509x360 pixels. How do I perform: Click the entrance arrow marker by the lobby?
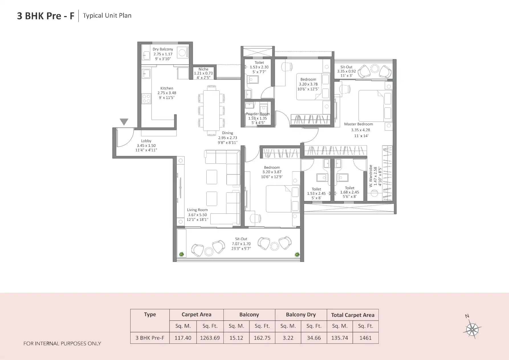(124, 122)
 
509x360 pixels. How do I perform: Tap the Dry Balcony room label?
(162, 49)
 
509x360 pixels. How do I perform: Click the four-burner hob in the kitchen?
(146, 99)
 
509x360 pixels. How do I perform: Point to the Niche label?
(203, 69)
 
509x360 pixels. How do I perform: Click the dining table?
(211, 111)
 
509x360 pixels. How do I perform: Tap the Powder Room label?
(258, 114)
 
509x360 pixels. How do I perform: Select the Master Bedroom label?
(358, 124)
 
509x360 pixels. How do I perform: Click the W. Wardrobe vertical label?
(371, 176)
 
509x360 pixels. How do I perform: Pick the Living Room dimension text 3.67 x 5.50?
(197, 215)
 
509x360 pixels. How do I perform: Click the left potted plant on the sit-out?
(182, 254)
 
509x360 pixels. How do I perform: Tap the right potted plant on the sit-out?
(297, 254)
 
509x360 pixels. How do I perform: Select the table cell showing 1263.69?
(210, 338)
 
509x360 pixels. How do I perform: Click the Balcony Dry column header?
(301, 315)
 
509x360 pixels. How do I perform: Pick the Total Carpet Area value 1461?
(365, 338)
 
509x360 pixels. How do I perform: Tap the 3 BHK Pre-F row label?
(150, 338)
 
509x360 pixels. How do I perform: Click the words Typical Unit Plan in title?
(107, 16)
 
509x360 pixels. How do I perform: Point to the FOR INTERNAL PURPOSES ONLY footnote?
(62, 343)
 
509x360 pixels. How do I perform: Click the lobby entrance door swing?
(125, 138)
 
